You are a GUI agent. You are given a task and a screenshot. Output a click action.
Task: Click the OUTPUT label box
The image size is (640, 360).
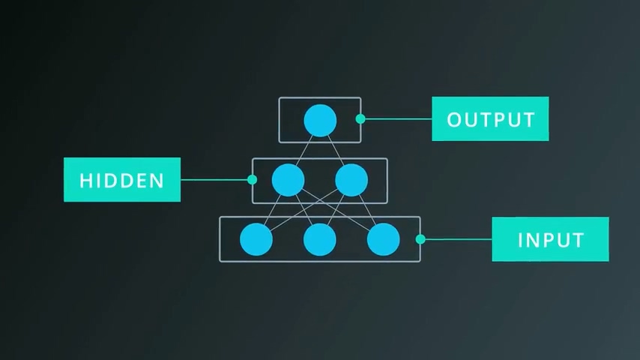[x=490, y=118]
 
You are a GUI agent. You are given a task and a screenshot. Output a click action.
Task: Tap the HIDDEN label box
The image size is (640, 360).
[x=122, y=180]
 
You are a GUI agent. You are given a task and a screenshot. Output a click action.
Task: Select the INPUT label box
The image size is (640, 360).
[x=550, y=239]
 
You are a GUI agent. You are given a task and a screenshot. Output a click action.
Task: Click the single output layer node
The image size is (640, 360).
[x=320, y=121]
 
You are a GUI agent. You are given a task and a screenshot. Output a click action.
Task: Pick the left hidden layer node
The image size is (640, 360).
[x=288, y=180]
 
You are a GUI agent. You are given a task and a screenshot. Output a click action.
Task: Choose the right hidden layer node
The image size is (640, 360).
[x=351, y=180]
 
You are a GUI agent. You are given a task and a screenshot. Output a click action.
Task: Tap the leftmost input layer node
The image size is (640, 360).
[x=256, y=239]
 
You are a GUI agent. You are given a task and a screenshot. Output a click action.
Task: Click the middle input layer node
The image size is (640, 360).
[x=320, y=239]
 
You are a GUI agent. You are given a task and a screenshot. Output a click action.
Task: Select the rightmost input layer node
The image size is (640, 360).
[x=384, y=239]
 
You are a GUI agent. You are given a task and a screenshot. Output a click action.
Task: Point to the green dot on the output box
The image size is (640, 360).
[x=360, y=118]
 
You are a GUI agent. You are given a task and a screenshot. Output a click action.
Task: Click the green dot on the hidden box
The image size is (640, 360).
[x=252, y=180]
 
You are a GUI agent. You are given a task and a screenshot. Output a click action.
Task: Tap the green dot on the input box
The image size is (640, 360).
[x=420, y=239]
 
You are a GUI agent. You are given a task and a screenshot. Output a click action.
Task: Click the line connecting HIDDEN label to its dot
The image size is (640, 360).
[x=216, y=180]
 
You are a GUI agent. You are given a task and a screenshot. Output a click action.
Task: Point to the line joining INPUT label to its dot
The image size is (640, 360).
[x=456, y=239]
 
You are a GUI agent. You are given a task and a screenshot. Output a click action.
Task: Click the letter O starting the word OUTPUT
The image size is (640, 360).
[x=453, y=119]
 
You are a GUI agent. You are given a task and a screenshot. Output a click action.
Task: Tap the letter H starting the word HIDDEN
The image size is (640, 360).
[x=85, y=181]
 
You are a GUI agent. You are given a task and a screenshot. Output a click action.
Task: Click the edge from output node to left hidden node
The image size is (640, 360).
[x=304, y=150]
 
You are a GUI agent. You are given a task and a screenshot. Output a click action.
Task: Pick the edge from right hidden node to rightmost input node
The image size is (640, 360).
[x=367, y=209]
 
